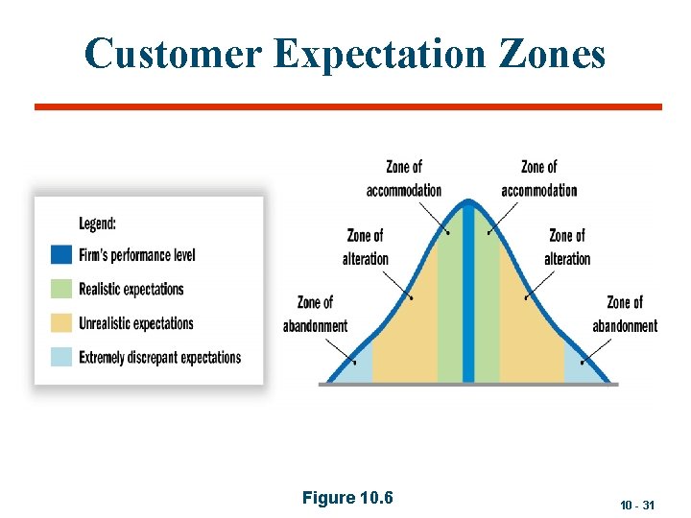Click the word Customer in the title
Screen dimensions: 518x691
(x=172, y=55)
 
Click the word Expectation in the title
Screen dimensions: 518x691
(x=381, y=55)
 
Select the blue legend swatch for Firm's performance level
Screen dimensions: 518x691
(x=61, y=254)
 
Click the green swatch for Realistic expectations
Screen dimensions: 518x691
(x=61, y=289)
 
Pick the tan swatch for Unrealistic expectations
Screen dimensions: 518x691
(x=61, y=323)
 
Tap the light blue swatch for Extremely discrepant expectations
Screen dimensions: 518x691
(x=61, y=357)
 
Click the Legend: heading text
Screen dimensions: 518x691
(x=98, y=224)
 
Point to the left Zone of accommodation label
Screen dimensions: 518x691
(x=404, y=179)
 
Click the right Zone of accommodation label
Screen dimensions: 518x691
(x=538, y=179)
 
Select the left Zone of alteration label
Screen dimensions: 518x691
(x=365, y=247)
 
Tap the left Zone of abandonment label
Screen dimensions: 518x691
(x=315, y=315)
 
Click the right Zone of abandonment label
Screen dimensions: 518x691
(x=625, y=315)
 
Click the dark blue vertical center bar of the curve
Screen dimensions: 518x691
(x=468, y=297)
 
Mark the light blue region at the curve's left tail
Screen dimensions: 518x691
(x=355, y=369)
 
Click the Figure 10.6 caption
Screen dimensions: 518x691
(x=347, y=497)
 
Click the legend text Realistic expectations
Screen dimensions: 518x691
(x=131, y=289)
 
